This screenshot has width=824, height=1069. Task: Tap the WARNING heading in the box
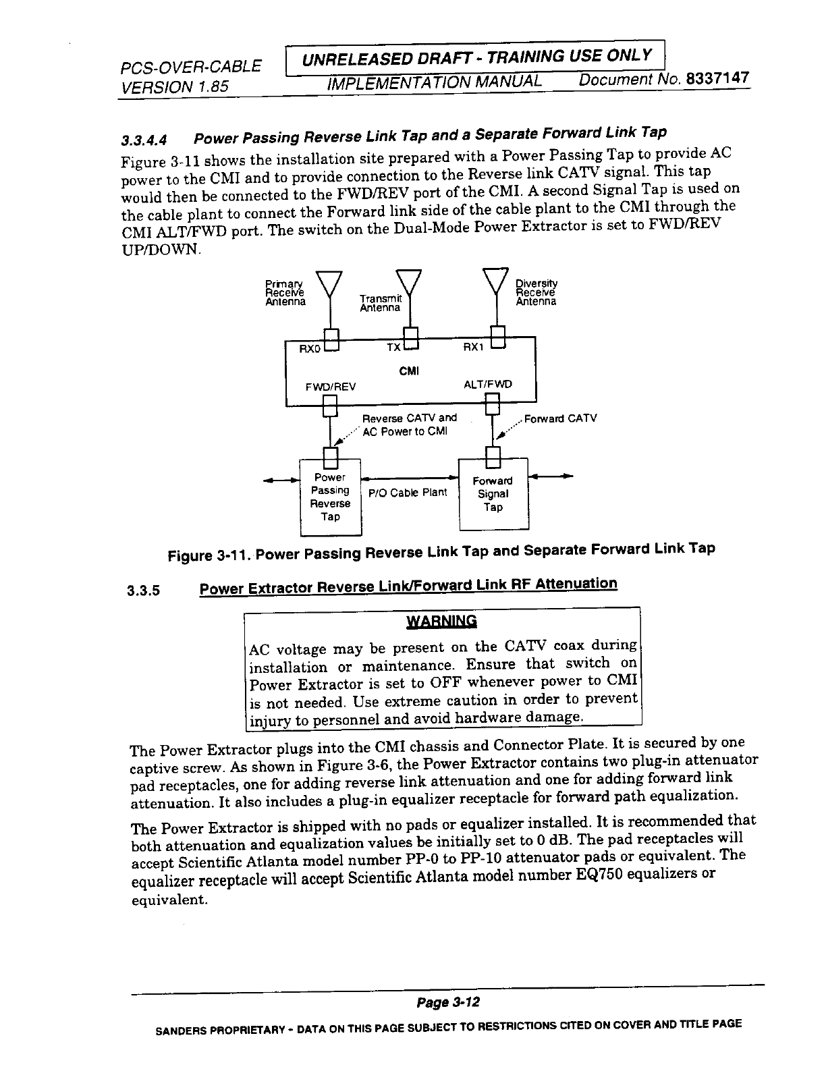pyautogui.click(x=441, y=621)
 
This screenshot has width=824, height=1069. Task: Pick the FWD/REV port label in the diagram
pyautogui.click(x=331, y=387)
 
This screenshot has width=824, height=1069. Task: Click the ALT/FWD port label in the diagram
pyautogui.click(x=488, y=384)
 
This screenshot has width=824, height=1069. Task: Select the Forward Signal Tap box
pyautogui.click(x=493, y=494)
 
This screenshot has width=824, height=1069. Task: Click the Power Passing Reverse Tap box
pyautogui.click(x=330, y=497)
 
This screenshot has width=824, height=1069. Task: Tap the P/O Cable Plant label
pyautogui.click(x=408, y=492)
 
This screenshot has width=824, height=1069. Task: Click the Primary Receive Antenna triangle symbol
pyautogui.click(x=329, y=282)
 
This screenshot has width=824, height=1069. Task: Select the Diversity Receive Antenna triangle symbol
pyautogui.click(x=496, y=280)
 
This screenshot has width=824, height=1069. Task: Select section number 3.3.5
pyautogui.click(x=143, y=591)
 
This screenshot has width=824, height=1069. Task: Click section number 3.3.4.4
pyautogui.click(x=143, y=140)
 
